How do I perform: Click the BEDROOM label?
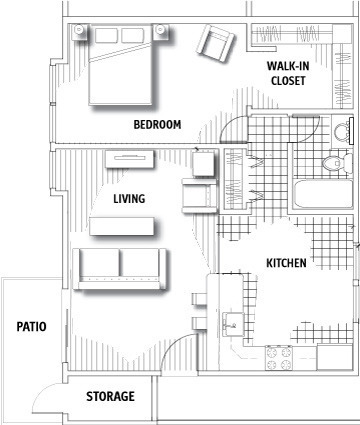coord(157,125)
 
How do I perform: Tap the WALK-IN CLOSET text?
coord(288,73)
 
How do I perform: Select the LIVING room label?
coord(129,199)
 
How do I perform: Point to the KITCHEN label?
coord(286,263)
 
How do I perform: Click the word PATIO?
coord(32,326)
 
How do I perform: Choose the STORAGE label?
coord(111,396)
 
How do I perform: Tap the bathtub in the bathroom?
coord(323,194)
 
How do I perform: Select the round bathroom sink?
coord(341,130)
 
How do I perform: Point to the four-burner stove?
coord(278,358)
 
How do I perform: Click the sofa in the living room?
coord(120,269)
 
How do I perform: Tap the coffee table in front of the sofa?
coord(122,226)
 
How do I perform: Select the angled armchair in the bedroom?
coord(216,43)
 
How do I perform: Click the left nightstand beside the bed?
coord(79,32)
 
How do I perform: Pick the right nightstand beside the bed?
coord(161,31)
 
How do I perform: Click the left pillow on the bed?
coord(106,35)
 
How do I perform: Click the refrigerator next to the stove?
coord(334,357)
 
